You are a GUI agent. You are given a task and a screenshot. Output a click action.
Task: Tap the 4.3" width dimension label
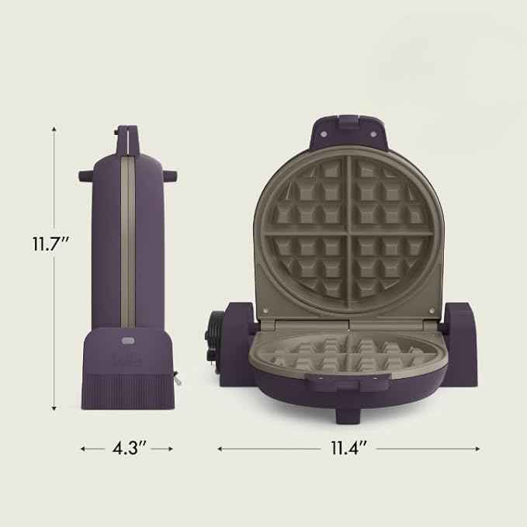pyautogui.click(x=126, y=448)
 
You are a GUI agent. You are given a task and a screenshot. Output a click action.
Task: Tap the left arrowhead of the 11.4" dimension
pyautogui.click(x=220, y=448)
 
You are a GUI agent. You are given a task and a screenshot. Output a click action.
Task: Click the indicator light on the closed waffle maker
pyautogui.click(x=128, y=339)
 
